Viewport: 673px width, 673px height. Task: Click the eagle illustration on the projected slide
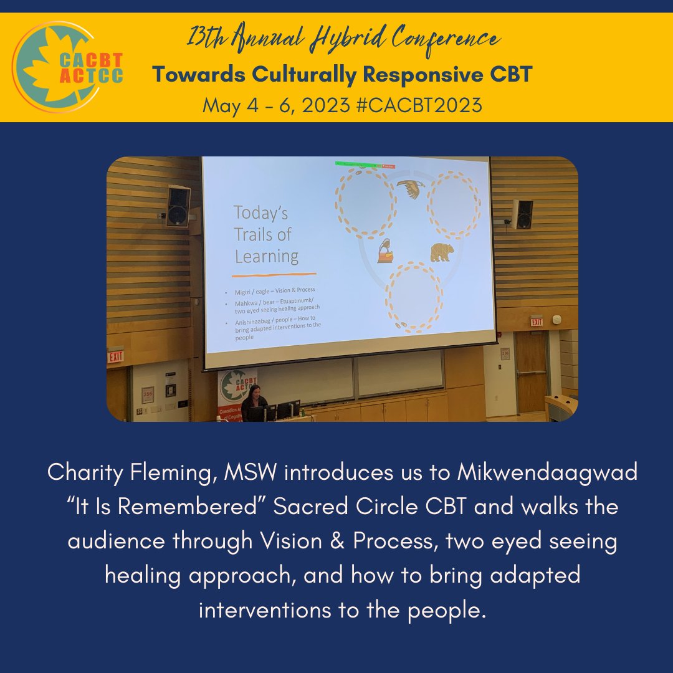click(411, 188)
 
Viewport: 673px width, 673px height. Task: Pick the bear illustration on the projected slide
click(442, 253)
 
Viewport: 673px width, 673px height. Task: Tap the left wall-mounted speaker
click(178, 206)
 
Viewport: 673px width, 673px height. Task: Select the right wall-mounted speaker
click(523, 214)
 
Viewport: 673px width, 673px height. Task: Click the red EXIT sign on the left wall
click(115, 356)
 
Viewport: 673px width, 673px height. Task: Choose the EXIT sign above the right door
click(537, 322)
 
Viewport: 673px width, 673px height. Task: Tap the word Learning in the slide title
click(267, 255)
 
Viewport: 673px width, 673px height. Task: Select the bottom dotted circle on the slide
click(414, 297)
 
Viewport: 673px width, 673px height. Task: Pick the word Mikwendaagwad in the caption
click(548, 472)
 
